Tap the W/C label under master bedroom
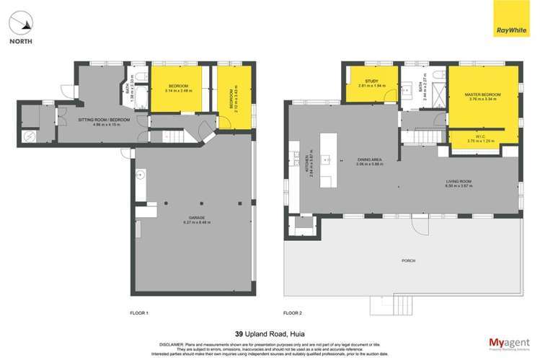pos(482,139)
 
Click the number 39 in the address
pos(239,333)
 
